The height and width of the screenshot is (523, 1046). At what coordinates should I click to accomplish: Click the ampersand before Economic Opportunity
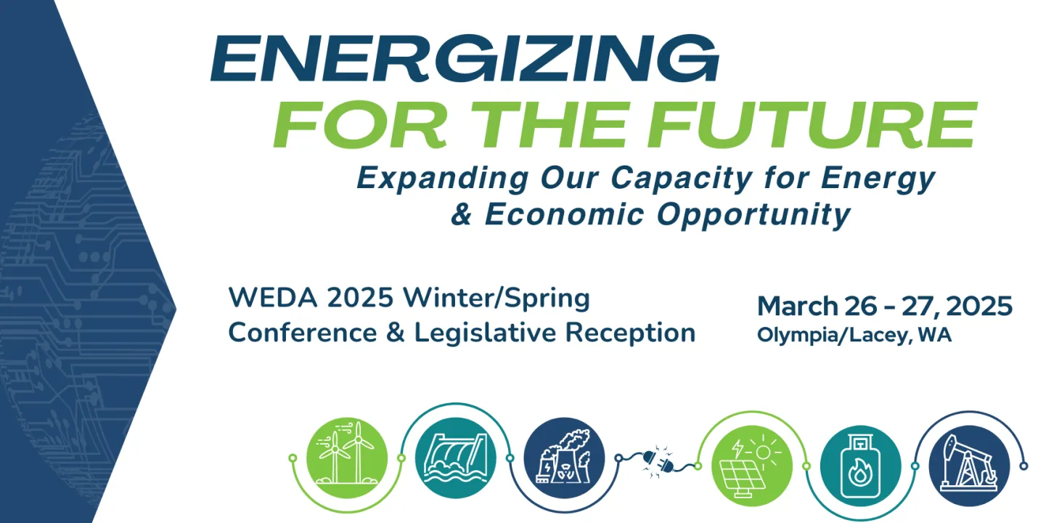click(462, 215)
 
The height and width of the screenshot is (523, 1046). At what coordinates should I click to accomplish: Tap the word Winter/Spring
click(497, 298)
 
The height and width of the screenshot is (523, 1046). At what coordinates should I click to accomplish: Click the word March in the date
click(796, 307)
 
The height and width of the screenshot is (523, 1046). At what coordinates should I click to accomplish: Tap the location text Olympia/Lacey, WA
click(854, 336)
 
